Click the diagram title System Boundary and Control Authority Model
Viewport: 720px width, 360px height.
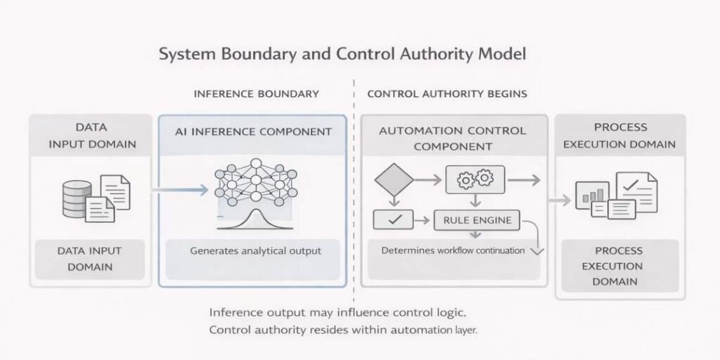(342, 53)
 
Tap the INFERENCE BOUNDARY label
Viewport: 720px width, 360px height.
(256, 94)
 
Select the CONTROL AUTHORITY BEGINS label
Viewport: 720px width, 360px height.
(447, 94)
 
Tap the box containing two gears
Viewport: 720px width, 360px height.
(475, 180)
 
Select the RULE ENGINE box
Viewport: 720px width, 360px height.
(477, 220)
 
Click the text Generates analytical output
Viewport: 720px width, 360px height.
(255, 250)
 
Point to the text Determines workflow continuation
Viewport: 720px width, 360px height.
(453, 250)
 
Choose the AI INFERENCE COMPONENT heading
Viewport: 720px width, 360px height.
(253, 131)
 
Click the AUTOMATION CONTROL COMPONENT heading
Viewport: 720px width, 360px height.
(452, 139)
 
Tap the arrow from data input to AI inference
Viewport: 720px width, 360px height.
(181, 189)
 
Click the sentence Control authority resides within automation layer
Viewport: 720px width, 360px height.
(343, 330)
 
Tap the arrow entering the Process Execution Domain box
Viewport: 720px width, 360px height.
(560, 201)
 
